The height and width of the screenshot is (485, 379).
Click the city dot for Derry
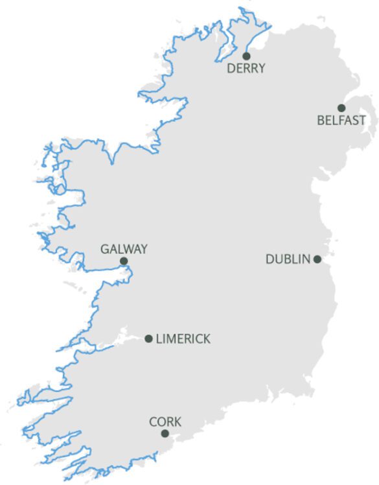point(246,56)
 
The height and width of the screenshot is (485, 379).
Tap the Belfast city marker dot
point(341,108)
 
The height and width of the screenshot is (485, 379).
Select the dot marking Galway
point(124,261)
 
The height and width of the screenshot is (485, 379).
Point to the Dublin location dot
point(317,259)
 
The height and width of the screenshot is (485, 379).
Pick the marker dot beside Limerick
point(149,338)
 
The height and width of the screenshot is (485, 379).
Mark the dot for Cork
point(165,434)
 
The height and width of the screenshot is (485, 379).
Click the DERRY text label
point(246,69)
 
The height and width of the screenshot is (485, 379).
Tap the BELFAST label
point(341,121)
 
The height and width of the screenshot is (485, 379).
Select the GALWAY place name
point(124,249)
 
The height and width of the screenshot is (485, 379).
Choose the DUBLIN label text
point(288,259)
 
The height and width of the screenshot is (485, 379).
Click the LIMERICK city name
point(183,338)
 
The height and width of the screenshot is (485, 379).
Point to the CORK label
point(165,422)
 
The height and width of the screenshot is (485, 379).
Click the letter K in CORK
point(178,422)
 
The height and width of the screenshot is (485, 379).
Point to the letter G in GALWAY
point(105,249)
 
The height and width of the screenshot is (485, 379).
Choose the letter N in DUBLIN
point(306,259)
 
